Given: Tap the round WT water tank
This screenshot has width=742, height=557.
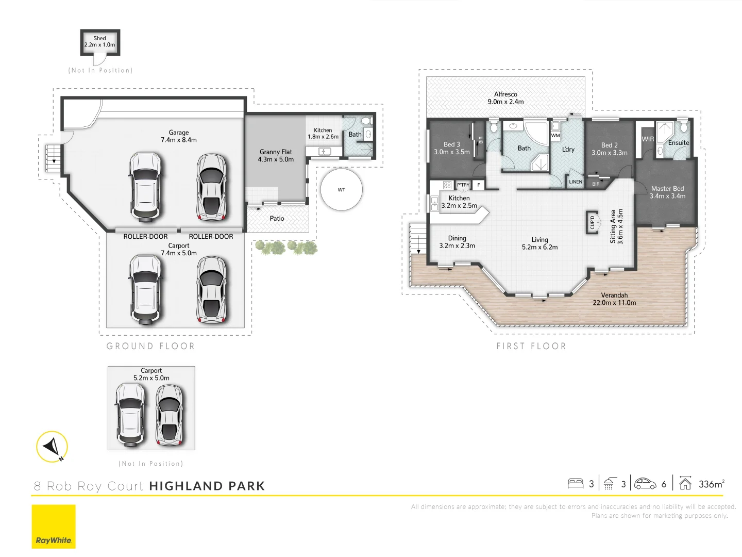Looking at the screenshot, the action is click(342, 189).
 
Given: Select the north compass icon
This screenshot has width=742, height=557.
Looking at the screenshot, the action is click(52, 447).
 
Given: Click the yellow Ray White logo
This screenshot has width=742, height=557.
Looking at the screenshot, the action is click(54, 527).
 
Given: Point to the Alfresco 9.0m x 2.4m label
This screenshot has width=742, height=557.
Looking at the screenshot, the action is click(505, 98).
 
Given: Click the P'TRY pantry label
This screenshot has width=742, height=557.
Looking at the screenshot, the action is click(463, 185).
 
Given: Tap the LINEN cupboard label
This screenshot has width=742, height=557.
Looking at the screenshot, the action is click(576, 182).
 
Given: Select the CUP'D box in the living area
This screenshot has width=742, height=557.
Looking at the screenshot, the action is click(592, 222).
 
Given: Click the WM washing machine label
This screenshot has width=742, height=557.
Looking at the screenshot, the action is click(555, 136).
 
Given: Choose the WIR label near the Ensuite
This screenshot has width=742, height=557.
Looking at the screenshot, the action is click(648, 139).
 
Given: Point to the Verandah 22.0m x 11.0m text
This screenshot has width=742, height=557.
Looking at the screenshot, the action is click(614, 299).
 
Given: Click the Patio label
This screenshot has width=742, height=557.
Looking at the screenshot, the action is click(277, 219).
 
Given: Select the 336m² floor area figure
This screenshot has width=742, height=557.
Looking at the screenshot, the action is click(712, 484).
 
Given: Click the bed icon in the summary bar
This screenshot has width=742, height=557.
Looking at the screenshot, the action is click(576, 483).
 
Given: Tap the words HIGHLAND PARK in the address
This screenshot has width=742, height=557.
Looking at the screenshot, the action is click(207, 486).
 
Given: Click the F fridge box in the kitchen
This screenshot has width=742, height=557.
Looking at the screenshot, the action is click(478, 185).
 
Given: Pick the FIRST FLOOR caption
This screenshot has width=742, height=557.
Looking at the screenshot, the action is click(531, 346).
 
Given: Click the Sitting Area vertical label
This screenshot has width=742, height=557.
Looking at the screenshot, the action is click(617, 226).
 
